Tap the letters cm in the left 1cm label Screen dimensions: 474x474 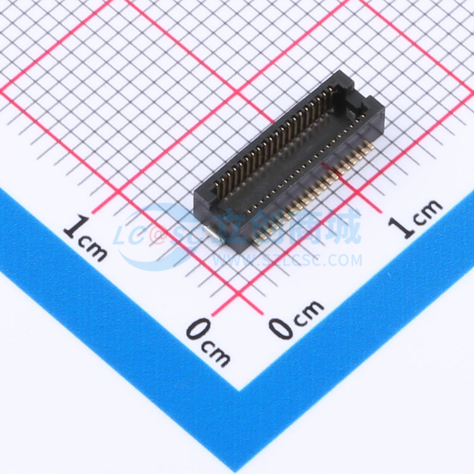click(x=93, y=250)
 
